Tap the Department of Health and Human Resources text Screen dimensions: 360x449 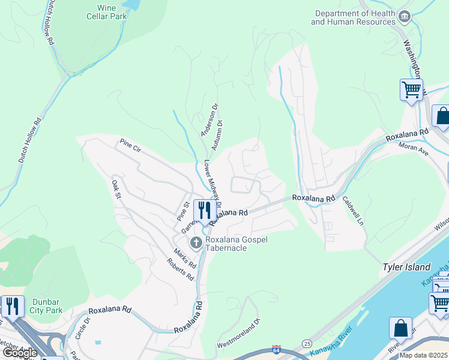tap(353, 17)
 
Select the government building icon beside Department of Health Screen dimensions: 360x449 tap(405, 16)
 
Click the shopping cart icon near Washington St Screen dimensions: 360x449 tap(411, 91)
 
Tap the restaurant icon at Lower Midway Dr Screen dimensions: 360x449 tap(205, 211)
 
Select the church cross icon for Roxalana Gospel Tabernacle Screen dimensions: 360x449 tap(195, 243)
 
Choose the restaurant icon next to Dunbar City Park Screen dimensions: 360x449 tap(12, 306)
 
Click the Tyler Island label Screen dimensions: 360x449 tap(406, 267)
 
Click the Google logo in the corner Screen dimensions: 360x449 tap(19, 353)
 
